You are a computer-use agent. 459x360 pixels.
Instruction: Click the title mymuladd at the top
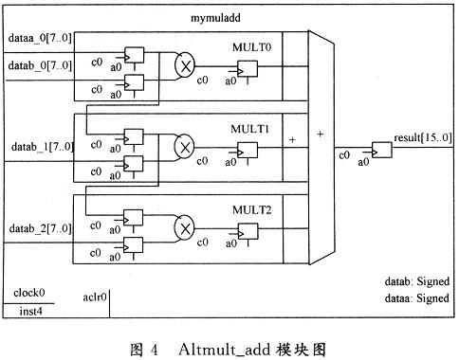[221, 17]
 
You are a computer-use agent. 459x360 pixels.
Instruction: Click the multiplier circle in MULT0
[185, 65]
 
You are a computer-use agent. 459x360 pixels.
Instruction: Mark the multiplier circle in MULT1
[185, 147]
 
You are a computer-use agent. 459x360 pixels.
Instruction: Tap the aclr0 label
[95, 296]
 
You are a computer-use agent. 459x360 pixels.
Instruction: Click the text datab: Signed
[413, 282]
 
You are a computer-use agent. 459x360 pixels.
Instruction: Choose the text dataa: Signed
[413, 297]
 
